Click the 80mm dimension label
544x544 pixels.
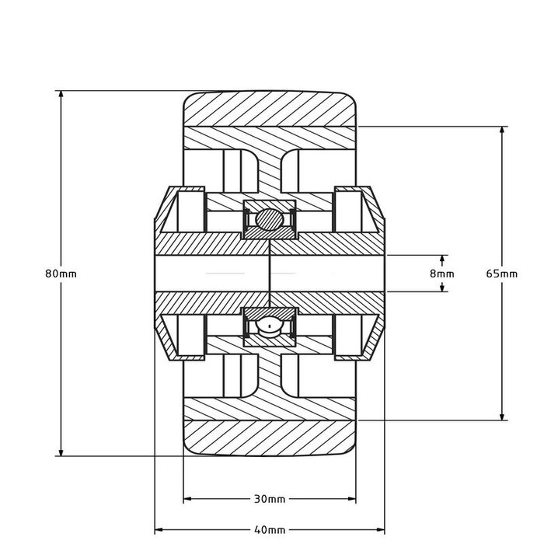(61, 274)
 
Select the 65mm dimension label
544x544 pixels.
(501, 274)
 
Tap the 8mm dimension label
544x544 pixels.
(441, 274)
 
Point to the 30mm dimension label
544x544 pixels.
(270, 498)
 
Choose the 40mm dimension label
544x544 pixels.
(270, 529)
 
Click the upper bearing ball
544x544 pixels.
(269, 218)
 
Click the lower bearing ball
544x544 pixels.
(269, 326)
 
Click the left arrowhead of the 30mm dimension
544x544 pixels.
(187, 498)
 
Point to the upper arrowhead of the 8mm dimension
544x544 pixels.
(443, 259)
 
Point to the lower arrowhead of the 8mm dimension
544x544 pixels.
(443, 288)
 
